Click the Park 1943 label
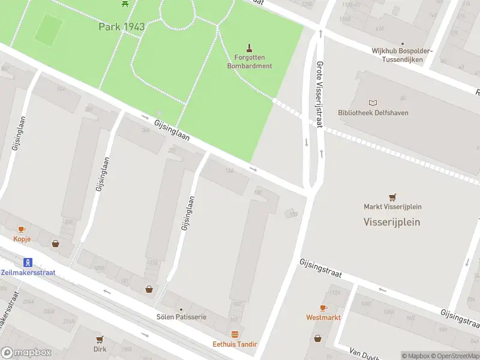[122, 26]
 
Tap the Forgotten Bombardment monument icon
[250, 47]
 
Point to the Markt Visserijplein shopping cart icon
[392, 197]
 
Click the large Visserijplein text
[392, 221]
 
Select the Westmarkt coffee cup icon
[323, 308]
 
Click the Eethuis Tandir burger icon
[235, 334]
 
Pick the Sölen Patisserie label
[181, 316]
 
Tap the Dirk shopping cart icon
[100, 339]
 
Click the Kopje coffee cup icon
[22, 229]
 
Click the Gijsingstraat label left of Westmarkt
[320, 268]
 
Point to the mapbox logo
[26, 353]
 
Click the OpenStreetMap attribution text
[457, 356]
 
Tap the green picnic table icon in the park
[125, 4]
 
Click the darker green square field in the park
[48, 29]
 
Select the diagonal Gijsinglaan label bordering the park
[172, 130]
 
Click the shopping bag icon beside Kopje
[56, 244]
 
